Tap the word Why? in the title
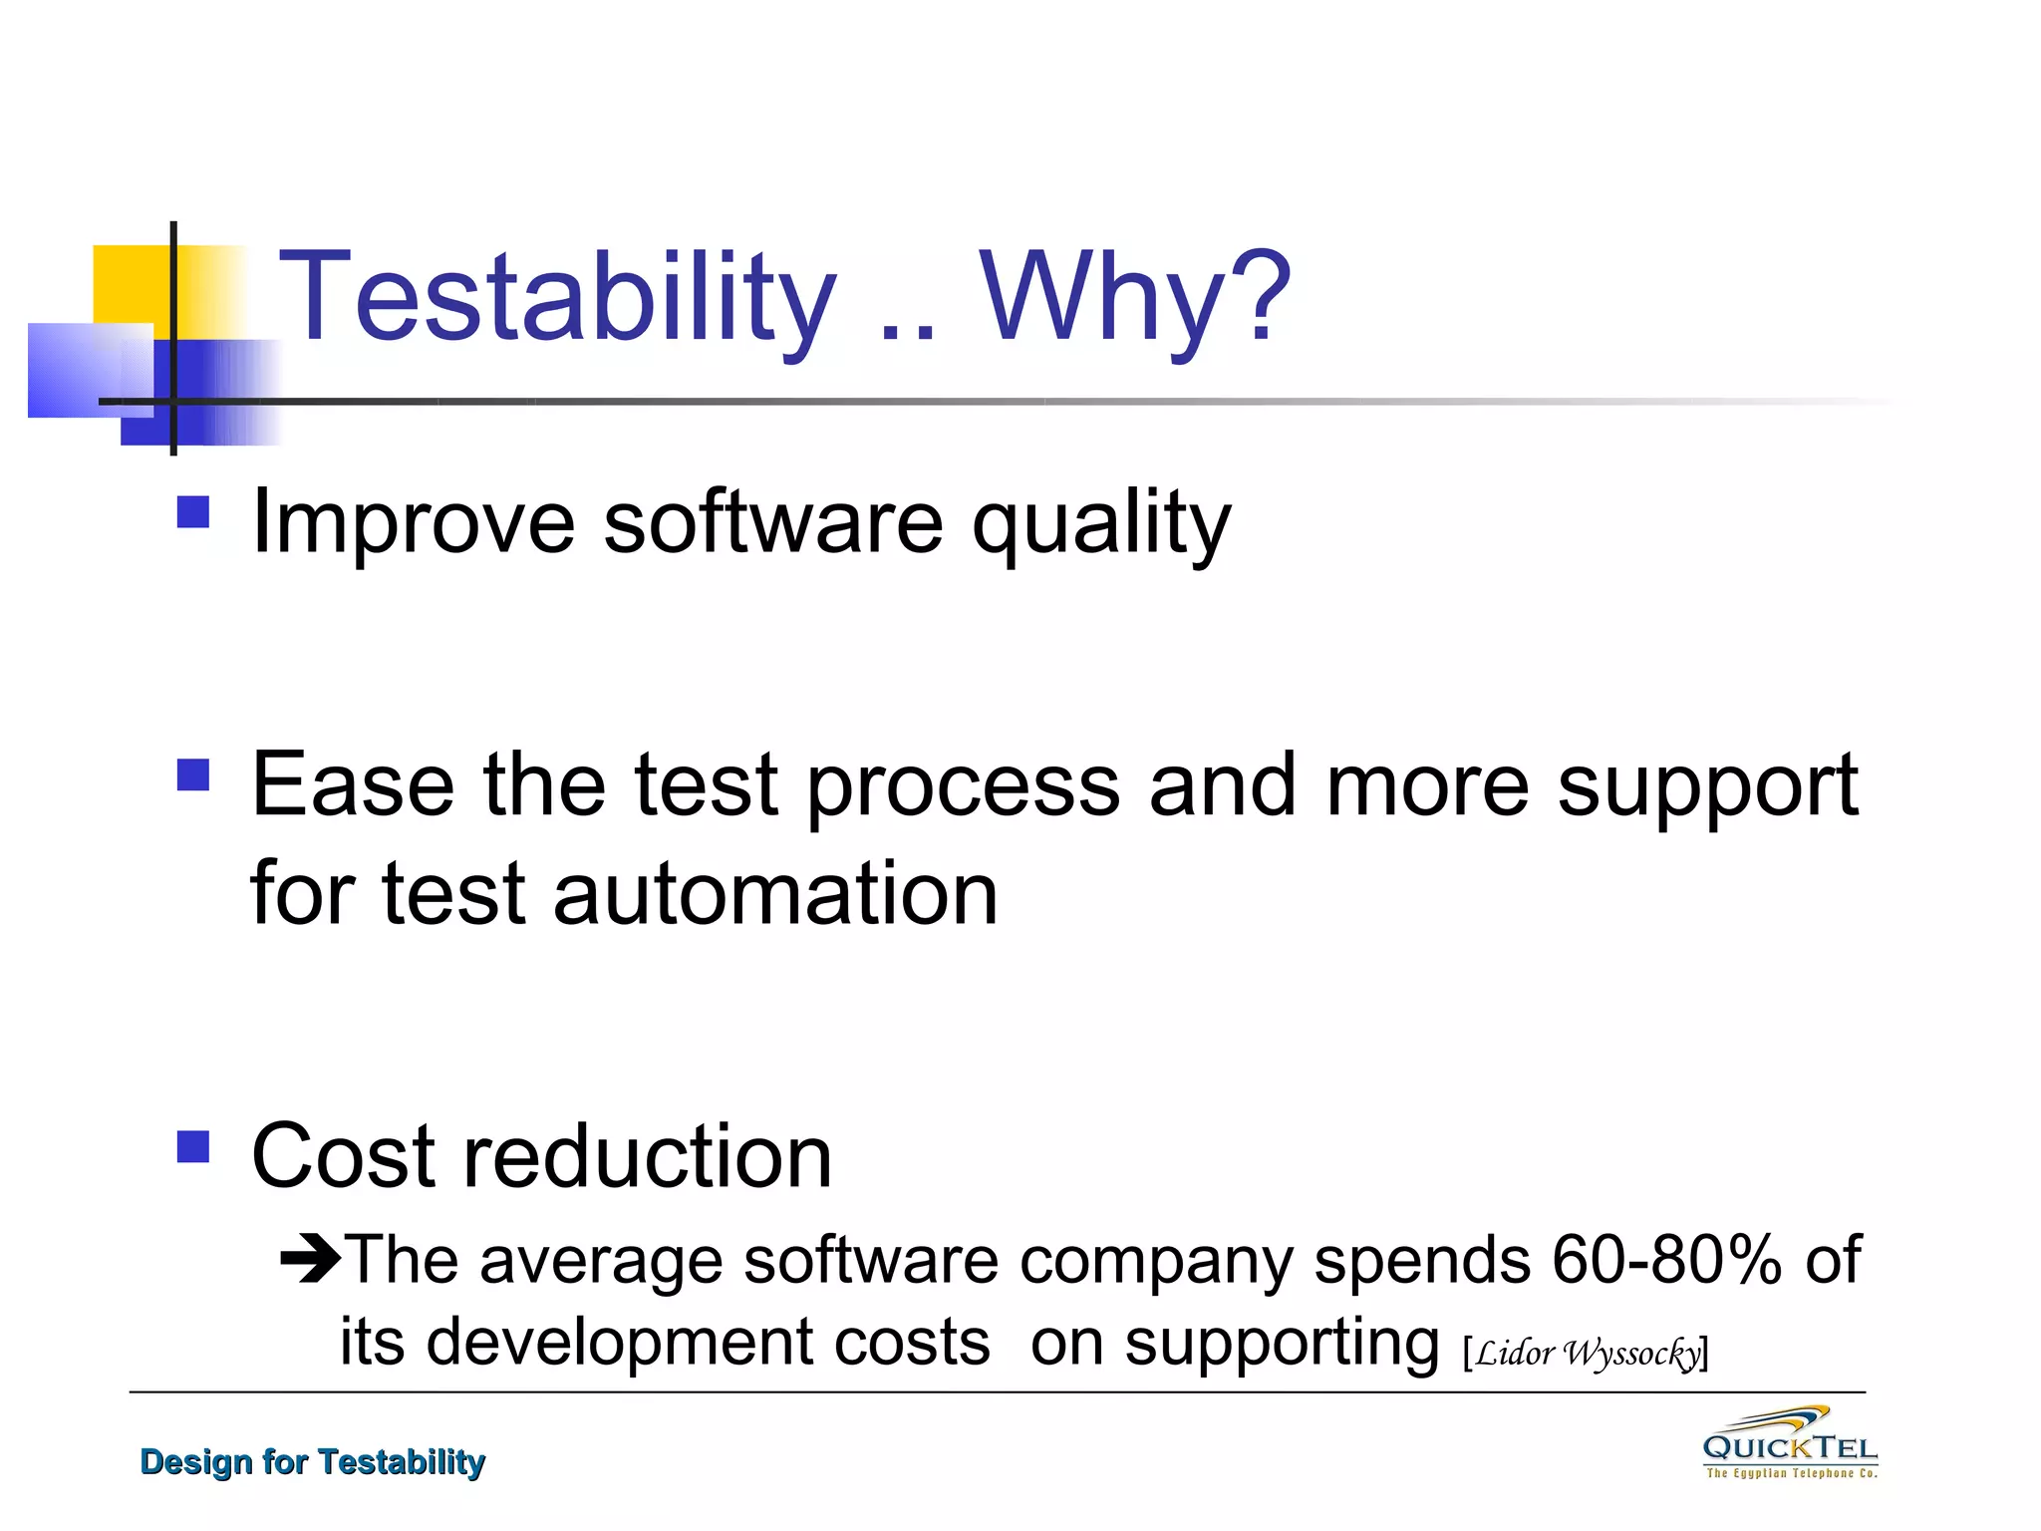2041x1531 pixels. click(x=1135, y=297)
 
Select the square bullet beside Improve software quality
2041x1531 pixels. click(x=193, y=512)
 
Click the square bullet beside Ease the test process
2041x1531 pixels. click(x=193, y=774)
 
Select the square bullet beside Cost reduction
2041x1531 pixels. click(x=193, y=1146)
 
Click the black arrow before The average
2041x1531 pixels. click(x=310, y=1259)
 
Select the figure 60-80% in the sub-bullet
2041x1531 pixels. click(x=1666, y=1260)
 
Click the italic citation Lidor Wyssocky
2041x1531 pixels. click(x=1587, y=1353)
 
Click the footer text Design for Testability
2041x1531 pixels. click(x=312, y=1461)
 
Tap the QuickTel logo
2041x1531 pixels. click(x=1790, y=1443)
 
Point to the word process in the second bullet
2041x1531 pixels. click(x=963, y=787)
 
